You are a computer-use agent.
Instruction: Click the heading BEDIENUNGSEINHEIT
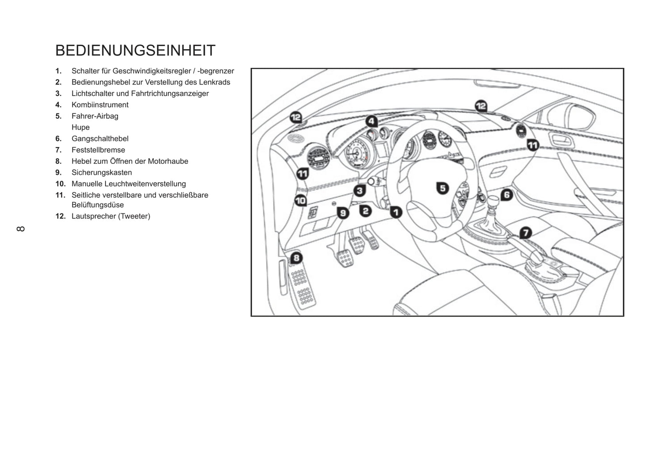135,50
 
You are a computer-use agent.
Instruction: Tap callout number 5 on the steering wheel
442,188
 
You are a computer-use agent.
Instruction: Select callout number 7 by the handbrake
525,233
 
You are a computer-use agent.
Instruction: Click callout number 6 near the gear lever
506,195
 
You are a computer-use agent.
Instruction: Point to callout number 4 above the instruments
371,121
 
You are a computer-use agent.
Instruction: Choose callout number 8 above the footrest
296,258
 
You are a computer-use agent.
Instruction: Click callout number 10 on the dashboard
300,201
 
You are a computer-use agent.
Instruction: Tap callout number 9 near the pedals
343,213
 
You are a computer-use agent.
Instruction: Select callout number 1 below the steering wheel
396,212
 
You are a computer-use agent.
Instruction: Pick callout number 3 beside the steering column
359,191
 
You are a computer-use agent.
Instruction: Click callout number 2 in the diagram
366,211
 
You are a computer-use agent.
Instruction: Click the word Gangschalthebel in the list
100,139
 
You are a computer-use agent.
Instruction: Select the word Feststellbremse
98,150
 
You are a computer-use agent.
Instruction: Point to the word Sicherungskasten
101,173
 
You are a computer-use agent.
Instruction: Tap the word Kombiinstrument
100,105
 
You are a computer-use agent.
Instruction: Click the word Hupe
80,128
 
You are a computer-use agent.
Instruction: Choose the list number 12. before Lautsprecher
60,217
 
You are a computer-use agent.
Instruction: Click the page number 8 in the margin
21,229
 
